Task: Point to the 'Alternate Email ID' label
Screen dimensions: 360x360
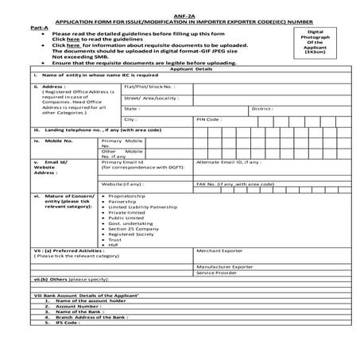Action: click(x=229, y=162)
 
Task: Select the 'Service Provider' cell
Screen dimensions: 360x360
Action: click(x=215, y=273)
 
